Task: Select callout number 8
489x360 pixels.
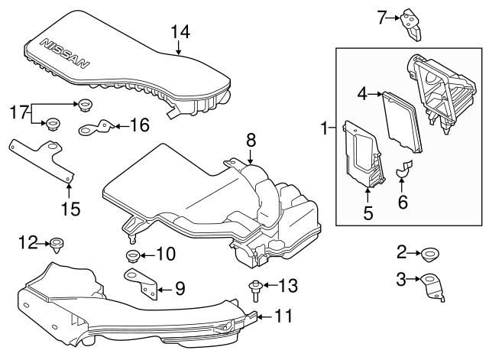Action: click(x=249, y=140)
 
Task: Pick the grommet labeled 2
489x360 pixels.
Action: click(x=430, y=254)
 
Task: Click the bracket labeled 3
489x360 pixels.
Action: click(x=433, y=286)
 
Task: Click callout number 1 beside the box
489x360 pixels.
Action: click(x=327, y=128)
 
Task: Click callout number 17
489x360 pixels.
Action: click(x=18, y=112)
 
